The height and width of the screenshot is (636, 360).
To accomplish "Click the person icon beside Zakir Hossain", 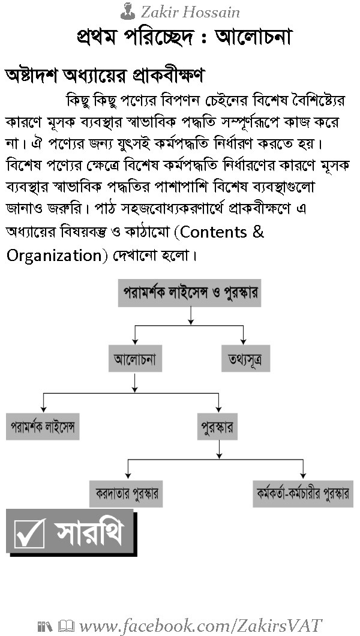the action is pos(128,11).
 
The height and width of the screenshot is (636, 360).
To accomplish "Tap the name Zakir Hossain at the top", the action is pos(190,12).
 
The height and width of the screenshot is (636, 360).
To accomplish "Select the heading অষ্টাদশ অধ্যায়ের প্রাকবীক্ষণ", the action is pos(104,76).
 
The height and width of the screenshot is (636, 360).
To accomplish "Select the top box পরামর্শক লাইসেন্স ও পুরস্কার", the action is pos(190,293).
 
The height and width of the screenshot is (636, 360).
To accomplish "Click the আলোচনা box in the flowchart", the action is pos(136,359).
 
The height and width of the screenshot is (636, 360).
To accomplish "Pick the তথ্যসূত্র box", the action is pos(245,359).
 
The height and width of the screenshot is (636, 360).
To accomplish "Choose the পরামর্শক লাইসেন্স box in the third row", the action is pos(43,427).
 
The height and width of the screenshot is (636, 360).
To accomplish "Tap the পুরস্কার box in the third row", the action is pos(217,427).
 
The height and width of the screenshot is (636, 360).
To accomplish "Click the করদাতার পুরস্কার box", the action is pos(126,494).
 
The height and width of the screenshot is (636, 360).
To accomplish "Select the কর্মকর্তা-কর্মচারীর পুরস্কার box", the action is pos(303,494).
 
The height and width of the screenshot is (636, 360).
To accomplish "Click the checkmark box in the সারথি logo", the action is pos(29,533).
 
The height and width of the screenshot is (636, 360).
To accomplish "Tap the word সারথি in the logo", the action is pos(89,532).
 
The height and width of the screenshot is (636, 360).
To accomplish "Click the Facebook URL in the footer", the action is pos(201,626).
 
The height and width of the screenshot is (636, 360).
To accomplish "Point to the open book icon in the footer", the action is pos(66,626).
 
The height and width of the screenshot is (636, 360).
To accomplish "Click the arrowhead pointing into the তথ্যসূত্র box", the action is pos(243,342).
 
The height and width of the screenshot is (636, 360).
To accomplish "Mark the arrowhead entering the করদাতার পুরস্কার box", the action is pos(128,476).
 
